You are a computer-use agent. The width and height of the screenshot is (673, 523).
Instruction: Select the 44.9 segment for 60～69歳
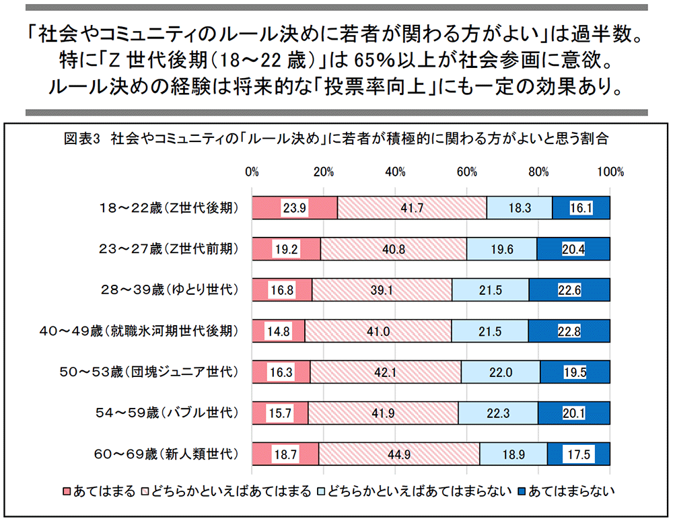point(399,454)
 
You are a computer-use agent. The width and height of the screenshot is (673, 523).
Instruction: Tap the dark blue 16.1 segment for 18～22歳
point(581,208)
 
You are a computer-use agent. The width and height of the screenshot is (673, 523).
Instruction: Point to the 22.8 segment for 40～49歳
point(569,331)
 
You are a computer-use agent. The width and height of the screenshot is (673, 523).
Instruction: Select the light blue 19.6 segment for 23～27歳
point(501,249)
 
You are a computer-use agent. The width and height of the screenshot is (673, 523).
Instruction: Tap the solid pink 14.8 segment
point(278,331)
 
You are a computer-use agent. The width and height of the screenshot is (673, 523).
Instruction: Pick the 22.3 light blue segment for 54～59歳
point(497,413)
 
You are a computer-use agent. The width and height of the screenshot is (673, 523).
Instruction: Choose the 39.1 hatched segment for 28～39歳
point(382,290)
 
